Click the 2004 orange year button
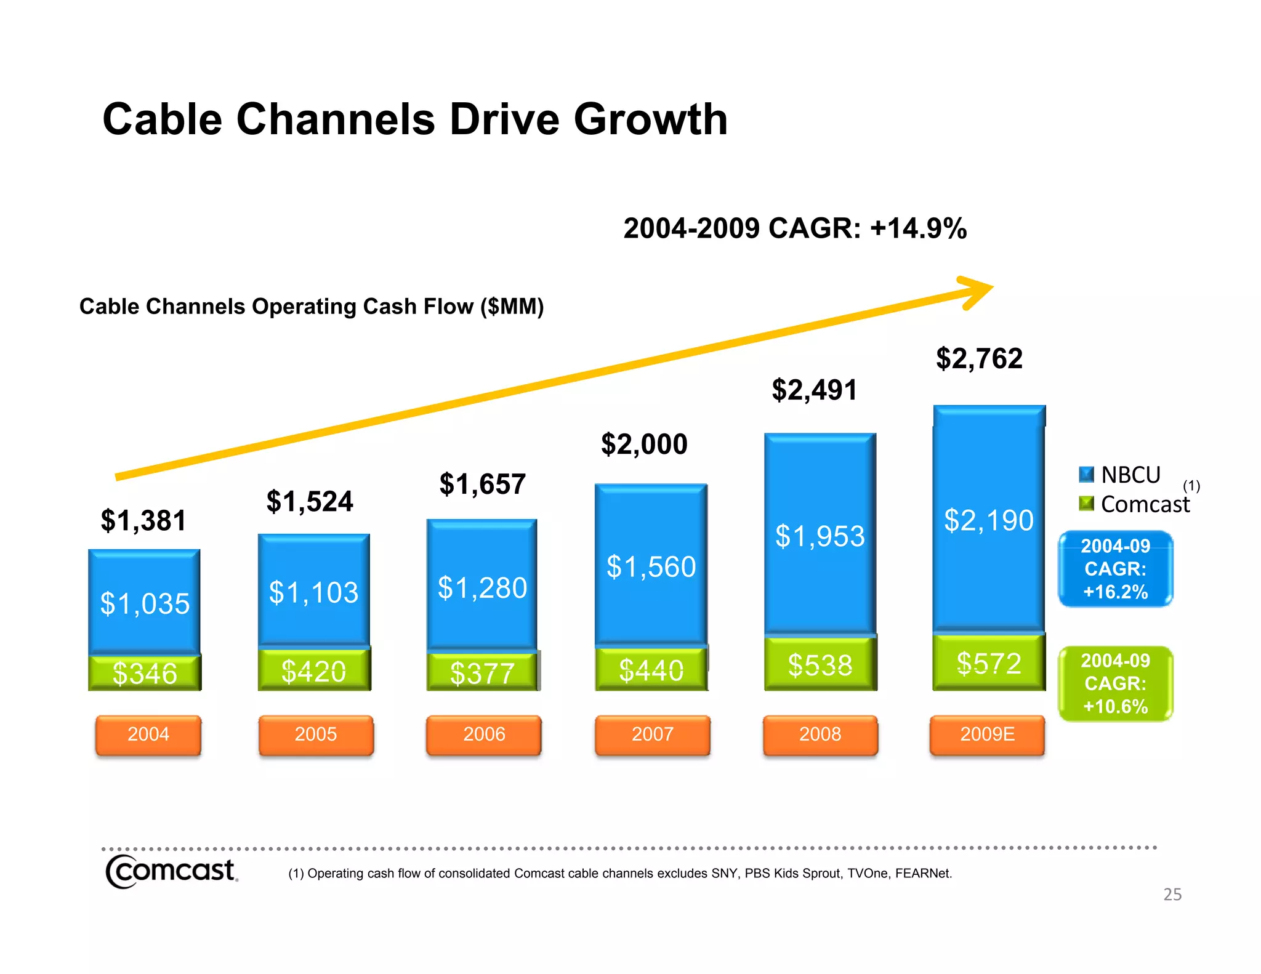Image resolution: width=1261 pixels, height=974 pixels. (x=148, y=735)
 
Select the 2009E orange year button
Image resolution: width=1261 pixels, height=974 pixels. (x=987, y=735)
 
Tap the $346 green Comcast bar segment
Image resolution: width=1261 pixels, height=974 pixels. (x=145, y=673)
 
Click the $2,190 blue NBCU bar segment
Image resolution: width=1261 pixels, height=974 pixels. (x=989, y=520)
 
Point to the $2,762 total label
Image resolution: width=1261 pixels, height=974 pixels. (x=979, y=358)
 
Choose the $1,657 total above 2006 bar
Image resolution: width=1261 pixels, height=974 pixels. (x=482, y=484)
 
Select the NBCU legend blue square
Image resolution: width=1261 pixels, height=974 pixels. (x=1087, y=475)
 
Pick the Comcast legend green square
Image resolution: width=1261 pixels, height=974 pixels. (x=1087, y=504)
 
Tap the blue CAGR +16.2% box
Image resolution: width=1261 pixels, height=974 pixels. (x=1115, y=569)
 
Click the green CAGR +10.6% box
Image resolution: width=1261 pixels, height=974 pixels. (x=1115, y=683)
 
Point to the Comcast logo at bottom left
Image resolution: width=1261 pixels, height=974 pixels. (x=171, y=871)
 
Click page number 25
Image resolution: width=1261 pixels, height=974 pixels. (x=1172, y=895)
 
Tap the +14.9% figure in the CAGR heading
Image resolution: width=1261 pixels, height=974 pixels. (x=918, y=228)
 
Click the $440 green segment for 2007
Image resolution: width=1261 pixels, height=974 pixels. (x=651, y=670)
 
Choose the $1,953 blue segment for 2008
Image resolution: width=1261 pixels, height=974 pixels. (x=820, y=536)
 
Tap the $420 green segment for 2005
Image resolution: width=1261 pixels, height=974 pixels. (x=313, y=670)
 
